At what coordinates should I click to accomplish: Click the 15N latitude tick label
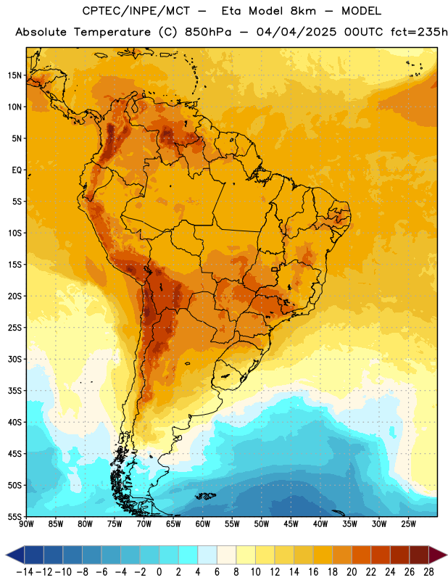coord(14,75)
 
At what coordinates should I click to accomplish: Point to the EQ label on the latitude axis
coord(17,170)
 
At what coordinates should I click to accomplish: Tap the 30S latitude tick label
coord(14,359)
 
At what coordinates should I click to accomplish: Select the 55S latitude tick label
coord(14,517)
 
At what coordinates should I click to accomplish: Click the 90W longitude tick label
coord(26,524)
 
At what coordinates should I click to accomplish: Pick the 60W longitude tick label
coord(203,524)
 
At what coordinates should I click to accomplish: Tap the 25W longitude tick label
coord(408,524)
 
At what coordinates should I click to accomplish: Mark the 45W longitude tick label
coord(291,524)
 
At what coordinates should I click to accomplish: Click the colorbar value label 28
coord(428,572)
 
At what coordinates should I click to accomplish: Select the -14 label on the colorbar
coord(25,572)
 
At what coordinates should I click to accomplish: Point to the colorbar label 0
coord(159,572)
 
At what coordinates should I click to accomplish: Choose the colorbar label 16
coord(313,572)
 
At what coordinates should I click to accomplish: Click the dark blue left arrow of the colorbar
coord(15,555)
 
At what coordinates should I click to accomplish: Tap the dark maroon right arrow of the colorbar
coord(438,555)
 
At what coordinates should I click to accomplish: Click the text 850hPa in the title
coord(208,32)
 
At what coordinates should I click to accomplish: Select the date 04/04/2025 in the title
coord(296,32)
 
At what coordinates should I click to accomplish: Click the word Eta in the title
coord(231,11)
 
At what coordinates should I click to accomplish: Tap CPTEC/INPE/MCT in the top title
coord(136,11)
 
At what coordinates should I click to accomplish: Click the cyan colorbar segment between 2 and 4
coord(188,555)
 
